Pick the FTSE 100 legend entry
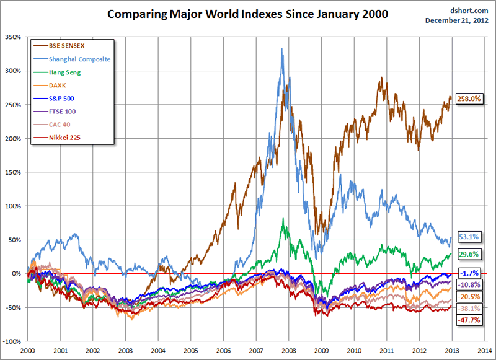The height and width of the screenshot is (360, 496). (65, 112)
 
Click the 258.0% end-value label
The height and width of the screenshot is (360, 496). (469, 99)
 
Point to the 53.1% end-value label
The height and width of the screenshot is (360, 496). (469, 237)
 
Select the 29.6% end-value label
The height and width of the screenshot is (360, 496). (469, 253)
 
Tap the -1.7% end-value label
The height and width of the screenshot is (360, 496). (469, 273)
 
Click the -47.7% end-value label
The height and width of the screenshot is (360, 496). (469, 320)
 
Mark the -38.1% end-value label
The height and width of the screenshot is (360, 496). (469, 308)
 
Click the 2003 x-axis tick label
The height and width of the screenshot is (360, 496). (125, 351)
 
